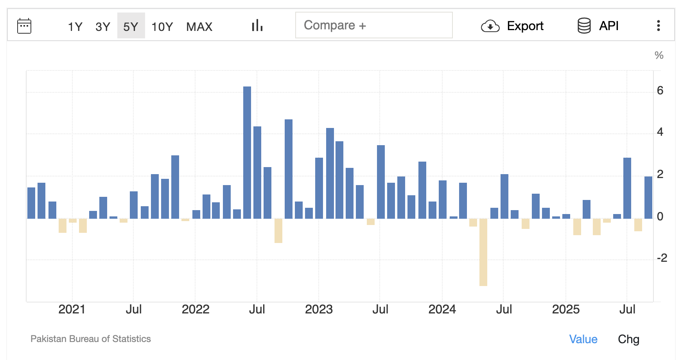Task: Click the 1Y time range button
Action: coord(75,27)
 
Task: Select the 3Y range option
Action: coord(103,27)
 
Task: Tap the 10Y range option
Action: coord(162,27)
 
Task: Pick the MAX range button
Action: coord(199,27)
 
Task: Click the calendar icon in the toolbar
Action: coord(24,26)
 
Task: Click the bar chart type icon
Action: coord(257,26)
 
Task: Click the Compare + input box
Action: coord(373,25)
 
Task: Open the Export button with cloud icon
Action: coord(512,26)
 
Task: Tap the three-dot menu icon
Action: coord(659,26)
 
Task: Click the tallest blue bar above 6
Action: coord(247,153)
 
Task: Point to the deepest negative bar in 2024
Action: coord(483,252)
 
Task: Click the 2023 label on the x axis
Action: coord(319,309)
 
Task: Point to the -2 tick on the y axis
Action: coord(662,258)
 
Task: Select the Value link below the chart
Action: coord(583,339)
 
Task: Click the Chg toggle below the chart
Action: coord(628,339)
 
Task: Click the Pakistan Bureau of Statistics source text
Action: coord(91,339)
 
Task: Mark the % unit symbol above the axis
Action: coord(659,55)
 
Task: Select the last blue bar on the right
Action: coord(648,198)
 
